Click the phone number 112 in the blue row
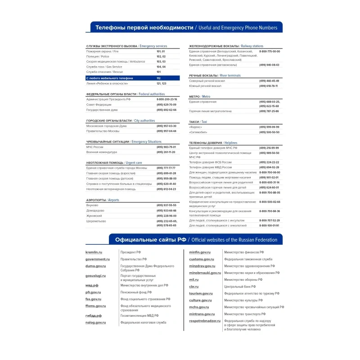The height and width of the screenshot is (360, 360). (159, 78)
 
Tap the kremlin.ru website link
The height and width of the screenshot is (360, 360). (94, 252)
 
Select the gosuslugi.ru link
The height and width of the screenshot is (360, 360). (95, 275)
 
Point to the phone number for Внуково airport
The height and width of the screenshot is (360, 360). (166, 205)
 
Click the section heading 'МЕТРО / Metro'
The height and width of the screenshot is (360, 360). (199, 97)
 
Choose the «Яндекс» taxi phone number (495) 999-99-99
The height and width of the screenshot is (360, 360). (269, 127)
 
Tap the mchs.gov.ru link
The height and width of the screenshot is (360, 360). (199, 307)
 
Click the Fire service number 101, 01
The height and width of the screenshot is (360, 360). (161, 52)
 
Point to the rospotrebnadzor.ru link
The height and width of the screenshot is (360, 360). (205, 321)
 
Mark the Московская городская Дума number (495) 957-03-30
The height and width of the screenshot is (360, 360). (166, 126)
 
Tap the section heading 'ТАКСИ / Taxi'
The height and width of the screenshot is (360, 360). (198, 122)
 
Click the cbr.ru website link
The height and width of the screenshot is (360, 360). (193, 287)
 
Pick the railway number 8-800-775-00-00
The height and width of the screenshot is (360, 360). (270, 52)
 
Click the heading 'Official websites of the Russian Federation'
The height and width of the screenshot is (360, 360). (234, 240)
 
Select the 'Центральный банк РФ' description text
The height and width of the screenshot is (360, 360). (240, 287)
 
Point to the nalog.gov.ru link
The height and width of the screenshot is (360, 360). (95, 323)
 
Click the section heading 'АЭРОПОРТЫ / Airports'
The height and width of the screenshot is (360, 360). (103, 200)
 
